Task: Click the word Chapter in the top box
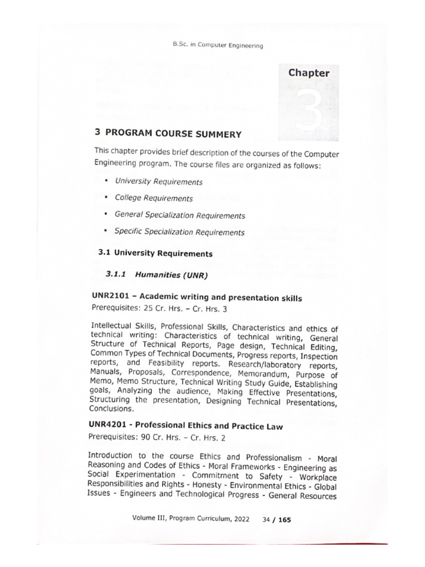(308, 73)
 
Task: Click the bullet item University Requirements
(158, 182)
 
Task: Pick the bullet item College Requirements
(153, 198)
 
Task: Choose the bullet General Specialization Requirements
(179, 215)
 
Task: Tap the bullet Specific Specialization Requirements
(179, 232)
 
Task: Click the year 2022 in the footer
(239, 520)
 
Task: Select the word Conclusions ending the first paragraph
(111, 409)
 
